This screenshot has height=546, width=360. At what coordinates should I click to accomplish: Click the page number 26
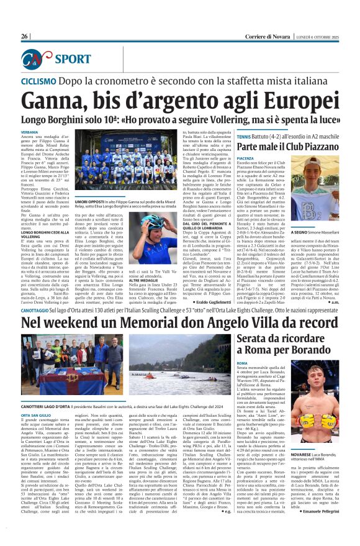(x=25, y=37)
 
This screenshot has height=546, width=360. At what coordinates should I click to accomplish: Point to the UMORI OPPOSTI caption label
(x=89, y=202)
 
